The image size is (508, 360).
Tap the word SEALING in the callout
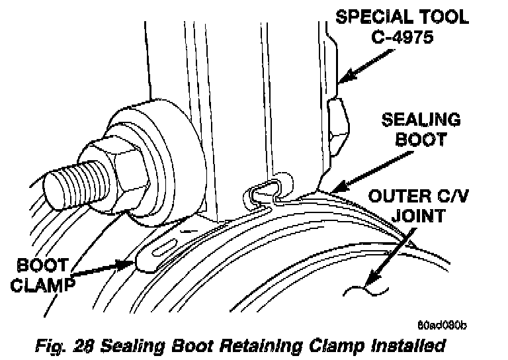point(421,121)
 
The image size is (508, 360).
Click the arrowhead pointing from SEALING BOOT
point(329,189)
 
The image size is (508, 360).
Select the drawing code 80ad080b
point(443,325)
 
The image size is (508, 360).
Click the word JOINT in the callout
point(414,216)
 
